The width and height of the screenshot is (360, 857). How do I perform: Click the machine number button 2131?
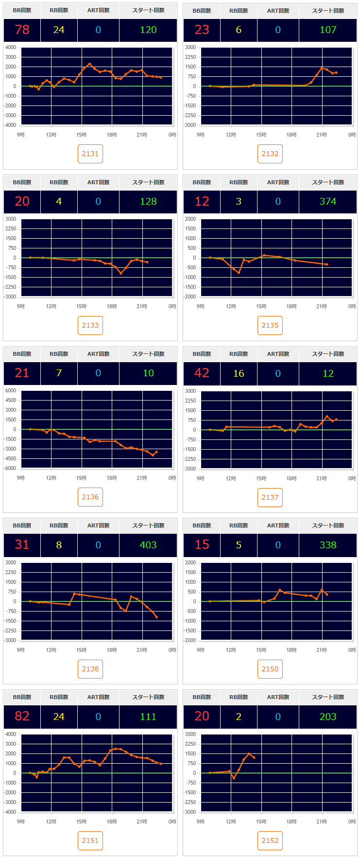click(90, 154)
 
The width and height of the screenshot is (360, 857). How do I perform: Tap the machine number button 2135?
click(270, 325)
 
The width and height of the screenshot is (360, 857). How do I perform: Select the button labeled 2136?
click(90, 497)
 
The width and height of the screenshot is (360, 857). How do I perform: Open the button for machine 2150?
click(270, 669)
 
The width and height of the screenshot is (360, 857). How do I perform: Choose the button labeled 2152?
click(270, 840)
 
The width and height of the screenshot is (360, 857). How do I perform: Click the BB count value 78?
click(22, 30)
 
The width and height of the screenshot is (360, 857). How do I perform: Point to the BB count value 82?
click(22, 716)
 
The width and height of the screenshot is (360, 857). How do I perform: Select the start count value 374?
click(328, 201)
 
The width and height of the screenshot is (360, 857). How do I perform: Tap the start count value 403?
click(148, 545)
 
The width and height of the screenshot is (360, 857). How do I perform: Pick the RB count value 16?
click(239, 373)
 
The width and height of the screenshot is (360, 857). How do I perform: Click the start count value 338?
click(328, 545)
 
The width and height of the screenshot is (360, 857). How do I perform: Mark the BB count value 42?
click(202, 373)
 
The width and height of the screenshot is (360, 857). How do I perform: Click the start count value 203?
click(328, 717)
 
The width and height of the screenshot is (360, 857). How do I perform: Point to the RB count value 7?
click(59, 373)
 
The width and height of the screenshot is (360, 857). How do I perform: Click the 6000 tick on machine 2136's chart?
click(11, 390)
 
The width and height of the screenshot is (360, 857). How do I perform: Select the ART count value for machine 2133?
click(98, 201)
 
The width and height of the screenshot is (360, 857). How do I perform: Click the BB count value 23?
click(202, 30)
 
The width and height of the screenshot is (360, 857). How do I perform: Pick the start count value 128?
click(148, 201)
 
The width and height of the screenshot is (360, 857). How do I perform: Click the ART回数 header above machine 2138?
click(98, 525)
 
